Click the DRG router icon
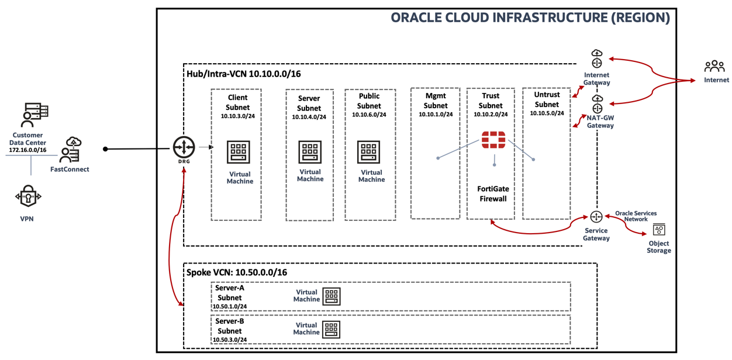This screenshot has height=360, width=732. click(184, 147)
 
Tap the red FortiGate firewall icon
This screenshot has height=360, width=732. click(493, 140)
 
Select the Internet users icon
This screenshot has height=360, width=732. click(714, 66)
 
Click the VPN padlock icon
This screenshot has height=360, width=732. click(28, 197)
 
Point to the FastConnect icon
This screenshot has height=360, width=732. click(70, 151)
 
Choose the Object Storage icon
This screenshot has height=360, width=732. click(660, 230)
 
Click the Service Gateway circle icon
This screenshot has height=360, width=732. click(596, 217)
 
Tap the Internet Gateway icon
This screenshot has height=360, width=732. click(596, 59)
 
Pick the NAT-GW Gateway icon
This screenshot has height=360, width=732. click(597, 105)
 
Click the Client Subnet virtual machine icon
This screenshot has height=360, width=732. click(239, 152)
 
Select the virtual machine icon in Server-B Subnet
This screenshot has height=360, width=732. click(332, 329)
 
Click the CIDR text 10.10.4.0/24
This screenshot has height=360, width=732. click(309, 117)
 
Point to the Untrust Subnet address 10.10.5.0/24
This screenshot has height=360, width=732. click(547, 113)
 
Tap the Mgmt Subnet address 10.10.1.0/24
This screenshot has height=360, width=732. click(436, 115)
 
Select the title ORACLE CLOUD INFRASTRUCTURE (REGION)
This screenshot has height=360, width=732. click(530, 18)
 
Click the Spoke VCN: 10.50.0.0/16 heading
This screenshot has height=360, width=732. click(236, 272)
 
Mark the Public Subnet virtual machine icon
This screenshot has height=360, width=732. click(369, 152)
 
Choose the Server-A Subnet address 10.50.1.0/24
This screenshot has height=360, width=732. click(230, 306)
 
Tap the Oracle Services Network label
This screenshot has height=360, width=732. click(636, 216)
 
